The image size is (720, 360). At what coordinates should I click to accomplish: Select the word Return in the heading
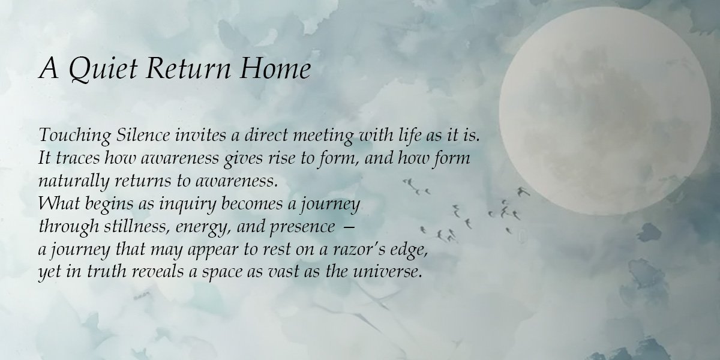pyautogui.click(x=184, y=70)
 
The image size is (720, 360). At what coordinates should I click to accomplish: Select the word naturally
pyautogui.click(x=67, y=181)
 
